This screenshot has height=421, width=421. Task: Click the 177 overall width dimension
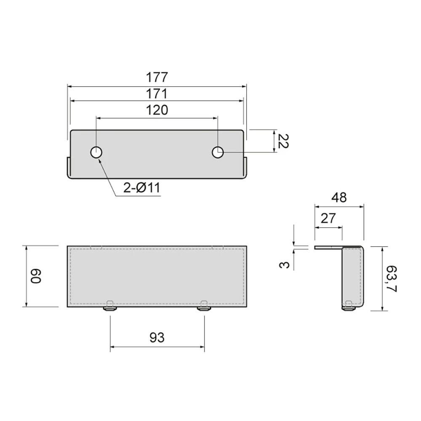157,77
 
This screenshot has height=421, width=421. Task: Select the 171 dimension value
157,94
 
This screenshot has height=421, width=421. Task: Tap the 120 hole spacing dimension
157,110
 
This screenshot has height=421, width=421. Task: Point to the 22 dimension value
283,141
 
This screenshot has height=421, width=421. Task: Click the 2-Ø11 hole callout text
142,187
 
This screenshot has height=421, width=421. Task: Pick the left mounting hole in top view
96,152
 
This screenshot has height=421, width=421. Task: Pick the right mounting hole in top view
218,152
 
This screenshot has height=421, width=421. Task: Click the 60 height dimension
35,276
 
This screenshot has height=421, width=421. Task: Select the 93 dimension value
157,338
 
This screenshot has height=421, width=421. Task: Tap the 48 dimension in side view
339,197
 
